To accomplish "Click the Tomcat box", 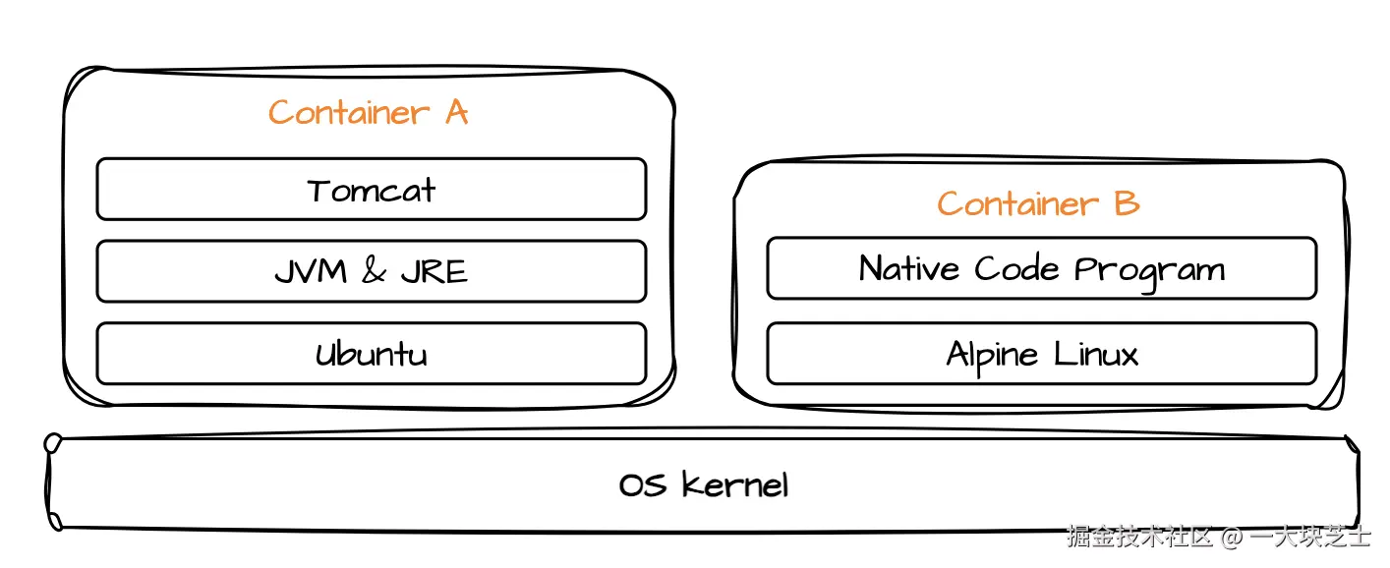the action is (371, 189).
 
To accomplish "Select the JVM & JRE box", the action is (371, 271).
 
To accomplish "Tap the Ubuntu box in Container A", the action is (371, 354).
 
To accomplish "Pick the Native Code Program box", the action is (1041, 268).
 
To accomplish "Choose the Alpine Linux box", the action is (1041, 354).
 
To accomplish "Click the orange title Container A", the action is (368, 113).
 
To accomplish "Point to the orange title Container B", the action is (1038, 203).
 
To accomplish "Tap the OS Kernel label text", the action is (704, 484).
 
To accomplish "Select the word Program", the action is (1149, 270).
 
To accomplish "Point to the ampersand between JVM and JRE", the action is (374, 271).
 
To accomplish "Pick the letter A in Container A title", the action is (456, 113).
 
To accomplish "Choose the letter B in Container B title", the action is (1127, 203).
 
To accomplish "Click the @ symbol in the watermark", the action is (1232, 538).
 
